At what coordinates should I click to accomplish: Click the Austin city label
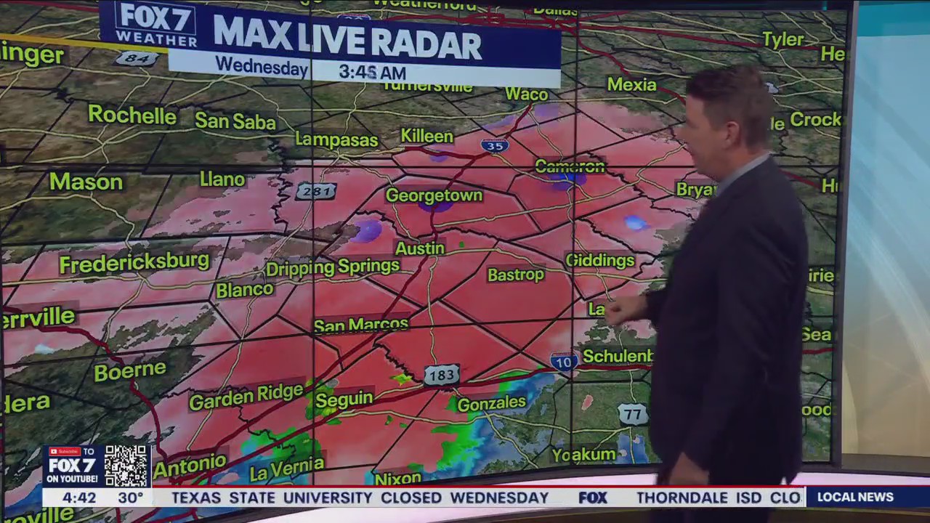[419, 248]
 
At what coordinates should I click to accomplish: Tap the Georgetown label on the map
[434, 195]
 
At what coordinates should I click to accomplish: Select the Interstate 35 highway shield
[493, 145]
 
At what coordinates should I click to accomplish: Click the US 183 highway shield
[441, 375]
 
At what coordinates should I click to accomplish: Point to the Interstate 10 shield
[564, 360]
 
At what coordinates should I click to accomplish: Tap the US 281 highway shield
[316, 191]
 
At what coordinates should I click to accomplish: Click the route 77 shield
[633, 414]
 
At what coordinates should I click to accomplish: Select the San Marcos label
[361, 325]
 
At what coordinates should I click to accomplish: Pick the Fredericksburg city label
[134, 263]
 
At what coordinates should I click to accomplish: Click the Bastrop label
[515, 275]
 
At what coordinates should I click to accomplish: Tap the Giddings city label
[599, 260]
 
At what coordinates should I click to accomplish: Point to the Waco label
[526, 94]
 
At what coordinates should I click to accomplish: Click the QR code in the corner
[126, 466]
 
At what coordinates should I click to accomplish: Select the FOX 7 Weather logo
[155, 25]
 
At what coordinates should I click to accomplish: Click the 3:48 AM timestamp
[372, 73]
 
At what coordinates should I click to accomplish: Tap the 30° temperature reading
[131, 498]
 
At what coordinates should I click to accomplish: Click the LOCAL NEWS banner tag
[854, 498]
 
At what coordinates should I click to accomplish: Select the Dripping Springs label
[333, 268]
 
